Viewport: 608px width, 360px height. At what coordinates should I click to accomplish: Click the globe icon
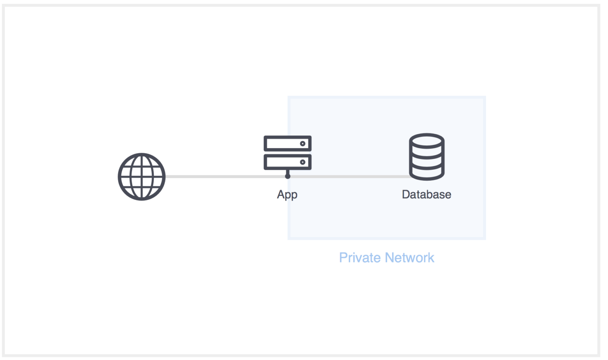[x=141, y=177]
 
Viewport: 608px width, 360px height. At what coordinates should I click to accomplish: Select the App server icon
[x=287, y=153]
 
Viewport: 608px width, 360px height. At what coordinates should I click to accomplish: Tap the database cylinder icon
[x=427, y=157]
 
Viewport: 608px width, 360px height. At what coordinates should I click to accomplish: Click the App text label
[x=287, y=195]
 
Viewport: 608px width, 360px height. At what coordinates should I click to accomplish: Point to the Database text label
[x=426, y=195]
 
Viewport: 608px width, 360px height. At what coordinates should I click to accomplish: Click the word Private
[x=360, y=258]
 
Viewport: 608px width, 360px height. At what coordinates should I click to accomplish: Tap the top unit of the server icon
[x=287, y=144]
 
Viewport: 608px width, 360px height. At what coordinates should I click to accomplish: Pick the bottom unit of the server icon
[x=287, y=162]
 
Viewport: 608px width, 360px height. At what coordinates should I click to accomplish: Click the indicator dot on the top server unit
[x=302, y=144]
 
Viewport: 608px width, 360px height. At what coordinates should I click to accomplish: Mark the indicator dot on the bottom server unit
[x=302, y=162]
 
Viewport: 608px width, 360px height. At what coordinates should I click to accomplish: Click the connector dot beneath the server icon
[x=287, y=176]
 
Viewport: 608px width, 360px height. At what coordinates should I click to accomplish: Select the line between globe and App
[x=225, y=176]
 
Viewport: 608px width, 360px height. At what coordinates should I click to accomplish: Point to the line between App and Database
[x=351, y=176]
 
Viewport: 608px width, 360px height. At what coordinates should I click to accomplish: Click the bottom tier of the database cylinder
[x=427, y=173]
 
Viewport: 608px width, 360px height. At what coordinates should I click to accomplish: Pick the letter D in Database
[x=405, y=195]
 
